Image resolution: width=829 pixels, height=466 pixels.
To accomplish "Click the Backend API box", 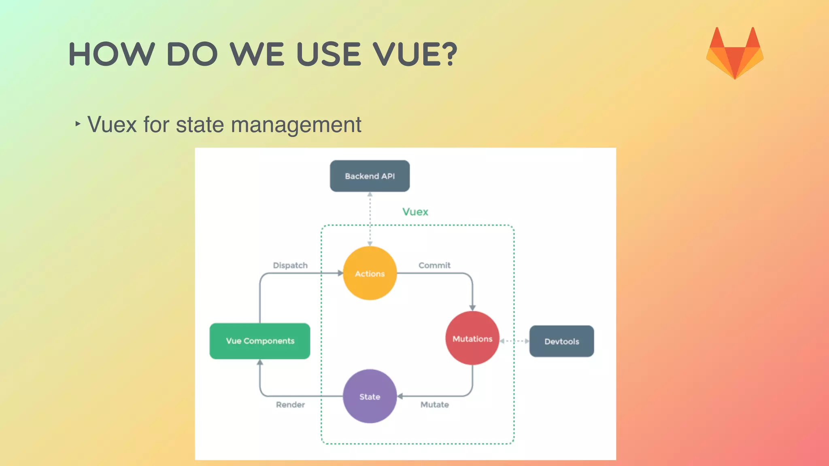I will click(370, 176).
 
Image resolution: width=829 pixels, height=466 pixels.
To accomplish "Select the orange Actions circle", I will click(370, 273).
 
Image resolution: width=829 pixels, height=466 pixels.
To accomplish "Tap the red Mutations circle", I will click(472, 339).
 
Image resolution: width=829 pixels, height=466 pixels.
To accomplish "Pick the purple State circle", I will click(370, 396).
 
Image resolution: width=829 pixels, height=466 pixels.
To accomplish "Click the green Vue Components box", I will click(260, 341).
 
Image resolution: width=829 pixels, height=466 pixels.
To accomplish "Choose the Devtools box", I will click(561, 341).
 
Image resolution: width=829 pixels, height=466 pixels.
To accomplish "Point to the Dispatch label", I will click(290, 265).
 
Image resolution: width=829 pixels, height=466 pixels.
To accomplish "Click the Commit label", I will click(434, 265).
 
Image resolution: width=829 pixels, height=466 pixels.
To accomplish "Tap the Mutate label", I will click(434, 405).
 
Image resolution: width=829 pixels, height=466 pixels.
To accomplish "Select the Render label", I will click(290, 405).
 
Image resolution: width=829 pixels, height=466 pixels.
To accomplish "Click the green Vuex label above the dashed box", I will click(415, 212).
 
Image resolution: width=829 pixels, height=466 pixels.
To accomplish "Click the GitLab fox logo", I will click(735, 53).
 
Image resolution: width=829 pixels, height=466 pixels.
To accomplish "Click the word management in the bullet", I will click(296, 125).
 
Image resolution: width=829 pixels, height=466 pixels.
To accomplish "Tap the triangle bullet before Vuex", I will click(78, 123).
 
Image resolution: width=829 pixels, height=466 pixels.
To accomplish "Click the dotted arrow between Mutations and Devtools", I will click(514, 341).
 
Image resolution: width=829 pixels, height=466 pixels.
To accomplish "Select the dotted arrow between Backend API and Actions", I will click(370, 218).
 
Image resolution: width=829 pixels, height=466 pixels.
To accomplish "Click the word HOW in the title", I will click(112, 54).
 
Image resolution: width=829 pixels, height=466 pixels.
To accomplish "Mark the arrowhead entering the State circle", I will click(400, 396).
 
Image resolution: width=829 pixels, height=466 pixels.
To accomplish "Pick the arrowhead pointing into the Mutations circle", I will click(472, 308).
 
